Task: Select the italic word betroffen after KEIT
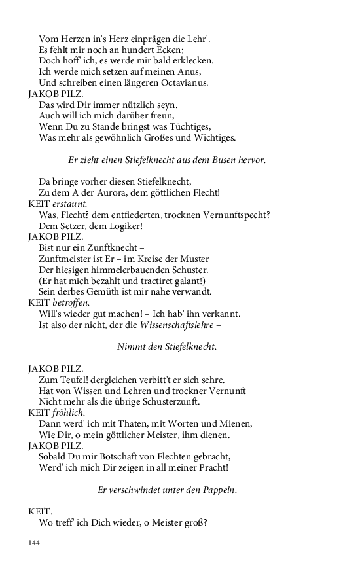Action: (x=69, y=302)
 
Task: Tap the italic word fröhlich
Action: (x=67, y=412)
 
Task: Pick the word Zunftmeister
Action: (x=68, y=259)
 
